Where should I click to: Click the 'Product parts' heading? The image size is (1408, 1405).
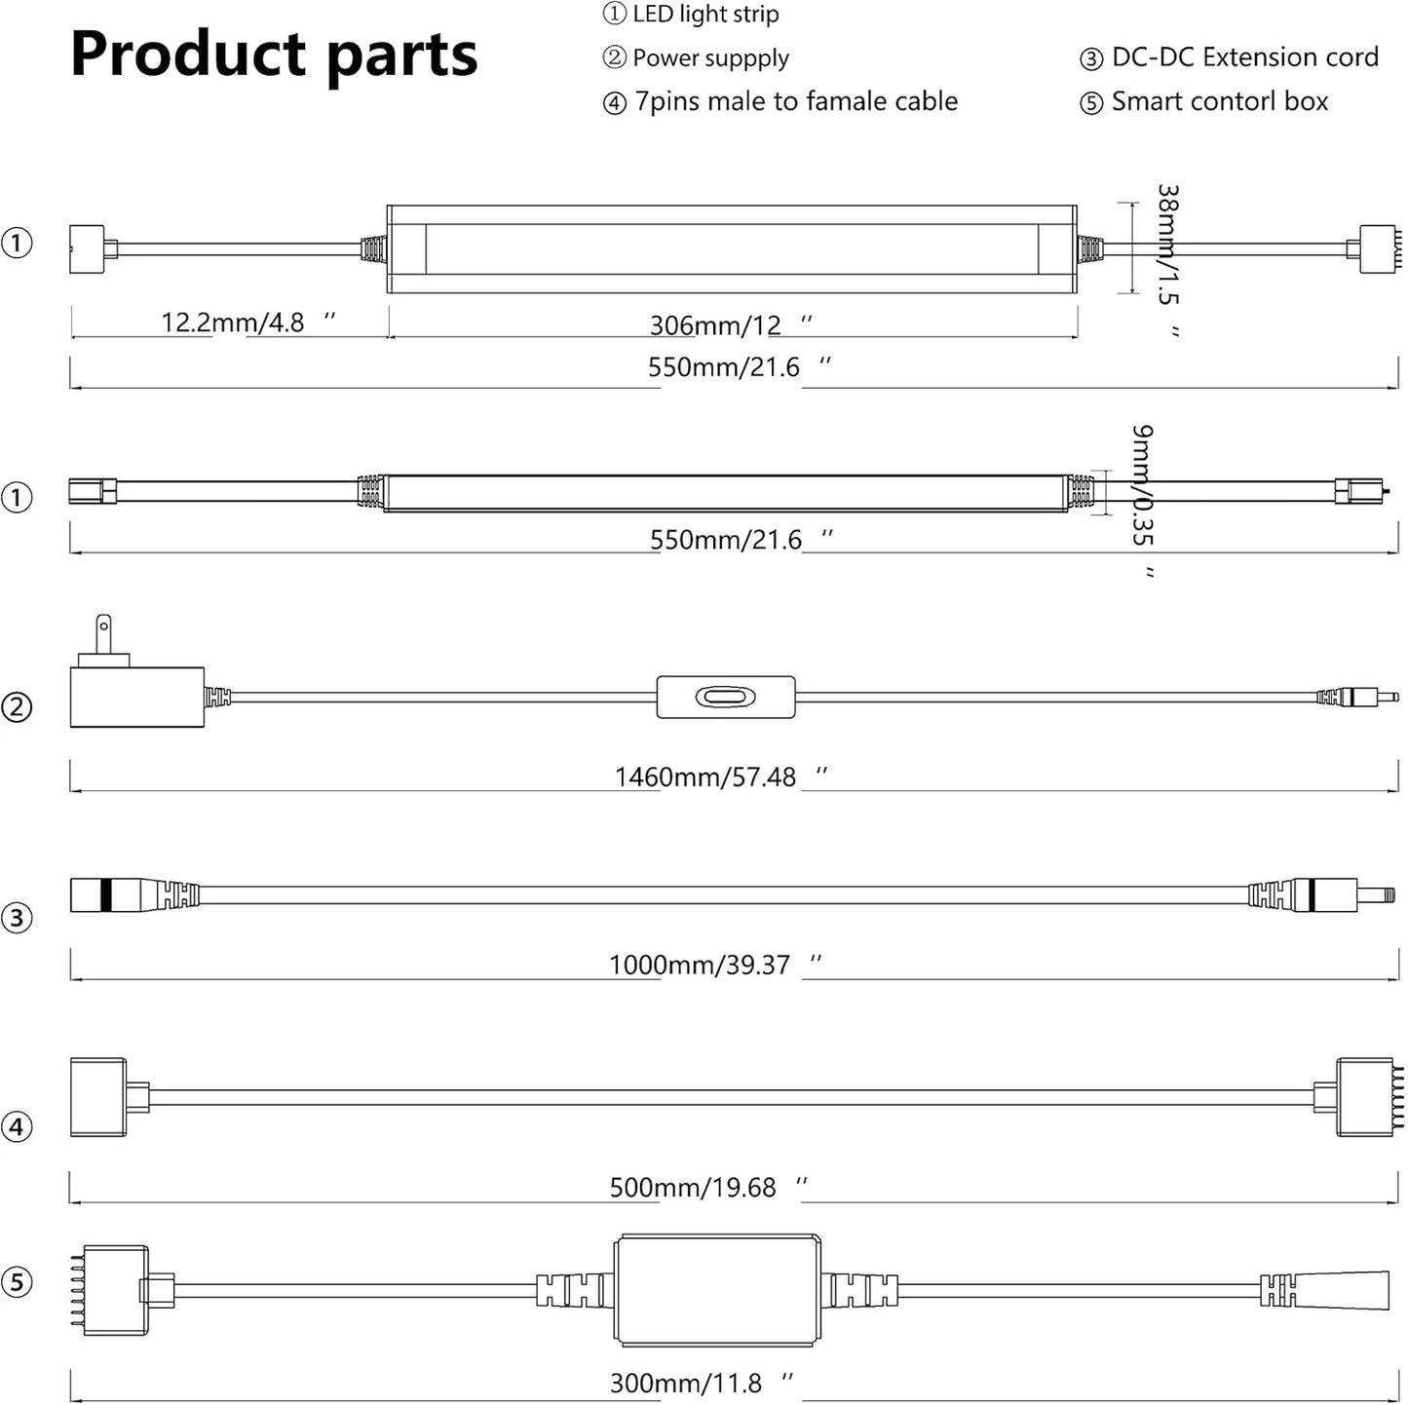[x=274, y=55]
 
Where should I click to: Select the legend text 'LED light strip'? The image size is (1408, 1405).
[x=704, y=15]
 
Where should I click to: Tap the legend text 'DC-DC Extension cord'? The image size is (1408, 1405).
[x=1244, y=57]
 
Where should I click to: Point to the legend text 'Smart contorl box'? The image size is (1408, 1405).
[x=1219, y=101]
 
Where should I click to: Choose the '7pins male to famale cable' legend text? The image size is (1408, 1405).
[x=795, y=101]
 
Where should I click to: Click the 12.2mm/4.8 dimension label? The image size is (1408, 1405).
[x=233, y=323]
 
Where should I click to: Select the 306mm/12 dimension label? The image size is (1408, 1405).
[x=716, y=325]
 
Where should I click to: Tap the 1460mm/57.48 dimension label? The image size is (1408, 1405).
[x=705, y=778]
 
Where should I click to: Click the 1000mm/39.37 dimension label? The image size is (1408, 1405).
[x=700, y=966]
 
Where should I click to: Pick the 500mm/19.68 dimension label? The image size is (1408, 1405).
[x=693, y=1188]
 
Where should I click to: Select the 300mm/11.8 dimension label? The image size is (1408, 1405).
[x=686, y=1384]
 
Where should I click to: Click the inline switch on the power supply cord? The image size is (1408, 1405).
[x=725, y=698]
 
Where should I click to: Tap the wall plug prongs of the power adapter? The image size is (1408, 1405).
[x=103, y=632]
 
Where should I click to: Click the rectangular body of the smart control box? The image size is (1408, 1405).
[x=717, y=1291]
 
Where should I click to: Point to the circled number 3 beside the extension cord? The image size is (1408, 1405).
[x=17, y=918]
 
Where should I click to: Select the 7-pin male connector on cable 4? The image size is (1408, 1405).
[x=1369, y=1097]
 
